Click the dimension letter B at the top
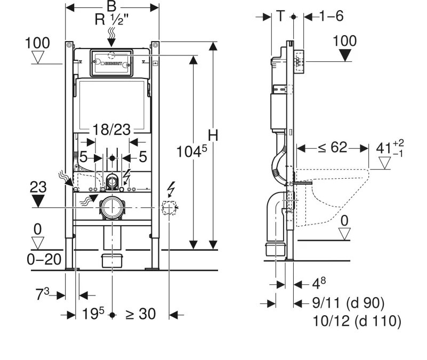(x=111, y=6)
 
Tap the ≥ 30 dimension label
(x=141, y=314)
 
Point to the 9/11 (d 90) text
(x=347, y=303)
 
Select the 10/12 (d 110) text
(x=357, y=321)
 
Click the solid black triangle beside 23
(x=38, y=201)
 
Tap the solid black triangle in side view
(x=345, y=55)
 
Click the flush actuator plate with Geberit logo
(x=111, y=63)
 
